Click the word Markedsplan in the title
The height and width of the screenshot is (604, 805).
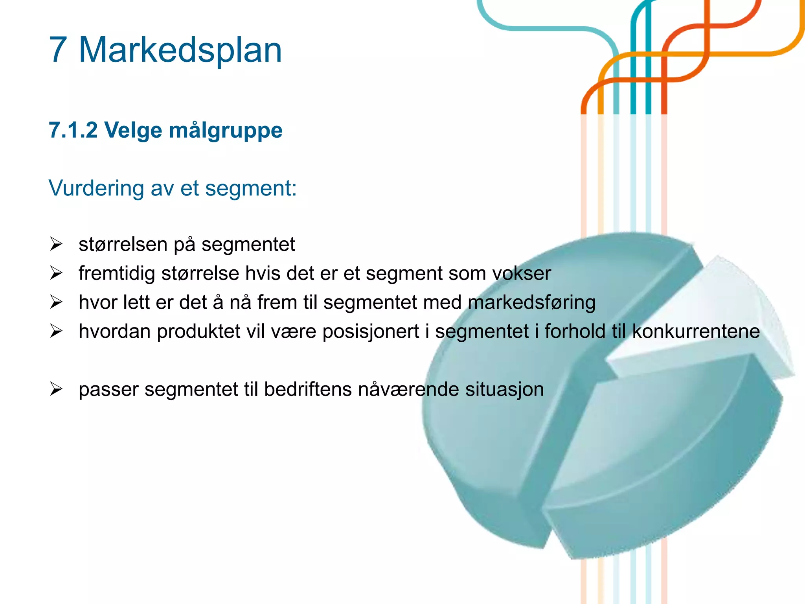[x=180, y=50]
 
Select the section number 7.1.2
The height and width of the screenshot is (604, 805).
[x=73, y=130]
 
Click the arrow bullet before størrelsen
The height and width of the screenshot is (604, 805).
[x=56, y=244]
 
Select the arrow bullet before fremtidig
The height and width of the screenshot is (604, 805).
[x=56, y=273]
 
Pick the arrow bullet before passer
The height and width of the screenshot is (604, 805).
[x=56, y=389]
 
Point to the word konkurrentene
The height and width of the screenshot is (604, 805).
[x=696, y=331]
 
